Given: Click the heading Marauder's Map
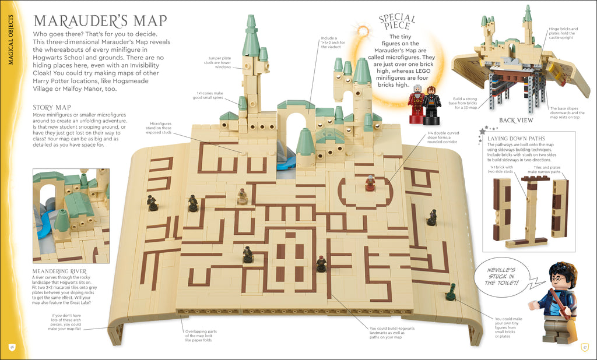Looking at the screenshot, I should tap(100, 22).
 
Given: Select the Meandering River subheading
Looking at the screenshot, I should tap(60, 271).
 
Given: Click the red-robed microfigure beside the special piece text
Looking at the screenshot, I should tap(416, 103).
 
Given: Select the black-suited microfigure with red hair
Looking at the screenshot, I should tap(431, 103).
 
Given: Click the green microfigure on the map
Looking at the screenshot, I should tap(450, 292).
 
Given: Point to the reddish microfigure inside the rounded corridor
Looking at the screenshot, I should tap(370, 183).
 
